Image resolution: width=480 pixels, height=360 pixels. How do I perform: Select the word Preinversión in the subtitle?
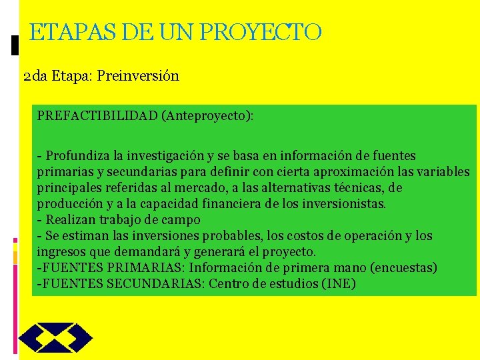coord(138,75)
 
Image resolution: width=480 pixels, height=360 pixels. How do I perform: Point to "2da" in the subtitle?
coord(35,75)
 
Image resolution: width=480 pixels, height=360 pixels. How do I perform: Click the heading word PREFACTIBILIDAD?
coord(97,116)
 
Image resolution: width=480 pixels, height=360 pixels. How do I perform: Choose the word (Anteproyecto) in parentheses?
coord(207,116)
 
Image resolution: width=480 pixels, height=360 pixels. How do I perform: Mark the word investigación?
coord(166,156)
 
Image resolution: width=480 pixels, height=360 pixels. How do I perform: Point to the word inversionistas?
coord(339,204)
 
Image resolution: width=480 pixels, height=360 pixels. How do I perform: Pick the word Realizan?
coord(70,220)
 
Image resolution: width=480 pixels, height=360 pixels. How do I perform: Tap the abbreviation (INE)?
coord(338,284)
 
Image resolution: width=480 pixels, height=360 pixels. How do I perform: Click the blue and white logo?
coord(55,337)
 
